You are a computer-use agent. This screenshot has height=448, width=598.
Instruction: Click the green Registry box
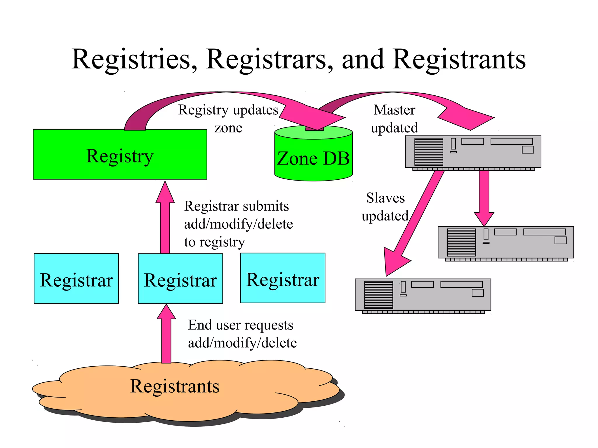tap(120, 155)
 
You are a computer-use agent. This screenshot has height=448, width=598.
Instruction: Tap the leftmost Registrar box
tap(76, 279)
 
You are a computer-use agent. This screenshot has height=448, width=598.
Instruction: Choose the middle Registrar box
tap(180, 279)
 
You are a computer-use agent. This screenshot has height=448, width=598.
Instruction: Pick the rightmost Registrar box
tap(283, 278)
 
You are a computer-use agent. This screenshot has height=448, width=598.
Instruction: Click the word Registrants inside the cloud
tap(175, 386)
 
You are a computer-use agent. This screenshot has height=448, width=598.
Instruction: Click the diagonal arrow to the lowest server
tap(415, 222)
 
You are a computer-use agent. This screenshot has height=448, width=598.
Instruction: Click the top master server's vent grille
tap(429, 152)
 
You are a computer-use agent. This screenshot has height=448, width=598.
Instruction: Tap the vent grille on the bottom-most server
tap(378, 295)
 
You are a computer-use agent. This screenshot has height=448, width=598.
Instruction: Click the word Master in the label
tap(394, 110)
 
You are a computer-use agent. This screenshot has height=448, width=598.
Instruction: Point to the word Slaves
tap(385, 198)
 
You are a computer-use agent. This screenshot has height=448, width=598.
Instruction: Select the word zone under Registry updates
tap(228, 128)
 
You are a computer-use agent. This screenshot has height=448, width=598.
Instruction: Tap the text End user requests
tap(241, 325)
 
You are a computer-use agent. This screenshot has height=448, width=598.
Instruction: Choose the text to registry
tap(215, 242)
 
